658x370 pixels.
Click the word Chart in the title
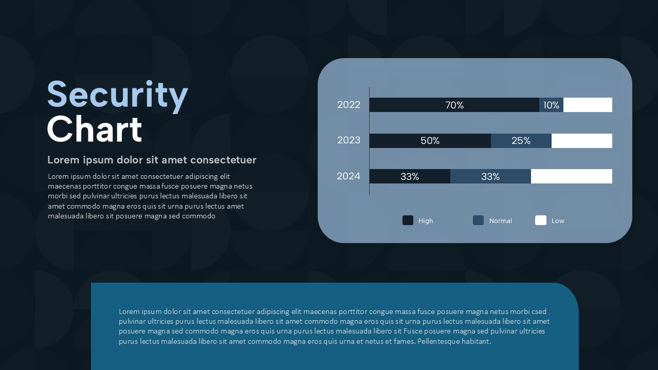[x=94, y=129]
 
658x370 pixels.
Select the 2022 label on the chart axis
[x=349, y=105]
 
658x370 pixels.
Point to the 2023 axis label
[x=349, y=140]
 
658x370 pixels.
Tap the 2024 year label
[x=349, y=176]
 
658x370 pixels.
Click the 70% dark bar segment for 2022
[x=454, y=105]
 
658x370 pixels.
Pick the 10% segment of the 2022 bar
[x=552, y=105]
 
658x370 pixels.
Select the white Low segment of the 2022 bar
[x=588, y=105]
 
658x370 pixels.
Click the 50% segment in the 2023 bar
[x=430, y=141]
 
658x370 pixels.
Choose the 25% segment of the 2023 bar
[x=521, y=141]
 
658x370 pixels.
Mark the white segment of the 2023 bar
[x=582, y=141]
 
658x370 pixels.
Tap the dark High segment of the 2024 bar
[x=410, y=176]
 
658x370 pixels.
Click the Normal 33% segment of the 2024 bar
[x=490, y=176]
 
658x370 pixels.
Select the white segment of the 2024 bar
[x=572, y=176]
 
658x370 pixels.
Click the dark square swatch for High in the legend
[x=408, y=220]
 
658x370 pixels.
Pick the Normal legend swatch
[x=478, y=220]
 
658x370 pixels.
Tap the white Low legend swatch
[x=541, y=220]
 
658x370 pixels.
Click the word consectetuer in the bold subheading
[x=223, y=160]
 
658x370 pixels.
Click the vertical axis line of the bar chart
[x=369, y=141]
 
